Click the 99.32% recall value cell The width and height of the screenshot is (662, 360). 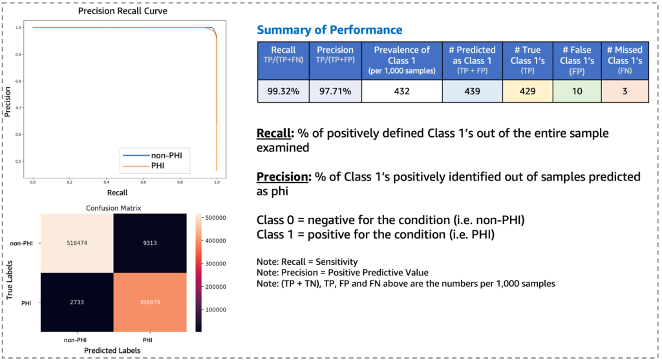coord(283,91)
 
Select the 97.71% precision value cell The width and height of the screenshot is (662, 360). coord(335,91)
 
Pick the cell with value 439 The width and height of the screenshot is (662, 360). coord(471,91)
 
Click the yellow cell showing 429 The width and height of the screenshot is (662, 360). coord(526,91)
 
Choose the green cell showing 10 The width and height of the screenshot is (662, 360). coord(576,91)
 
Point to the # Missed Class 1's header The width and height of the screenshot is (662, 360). coord(624,59)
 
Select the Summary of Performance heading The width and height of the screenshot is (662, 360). coord(329,30)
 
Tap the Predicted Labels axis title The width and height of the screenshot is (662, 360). coord(114,349)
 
